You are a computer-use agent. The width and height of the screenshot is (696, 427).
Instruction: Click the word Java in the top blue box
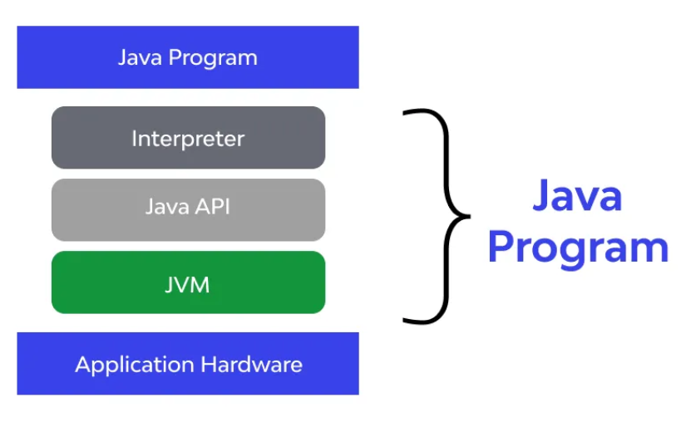click(x=140, y=57)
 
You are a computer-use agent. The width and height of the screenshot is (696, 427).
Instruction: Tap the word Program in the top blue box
click(x=213, y=59)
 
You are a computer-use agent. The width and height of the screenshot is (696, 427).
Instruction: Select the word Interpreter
click(x=188, y=139)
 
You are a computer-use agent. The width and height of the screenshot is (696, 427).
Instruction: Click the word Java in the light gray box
click(x=167, y=207)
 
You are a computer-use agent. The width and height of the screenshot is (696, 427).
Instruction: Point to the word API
click(x=213, y=207)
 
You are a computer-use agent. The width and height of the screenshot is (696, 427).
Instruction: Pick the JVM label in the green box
click(x=187, y=285)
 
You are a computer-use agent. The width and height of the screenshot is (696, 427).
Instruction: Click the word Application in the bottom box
click(x=135, y=366)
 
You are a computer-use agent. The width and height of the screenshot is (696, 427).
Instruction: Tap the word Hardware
click(x=252, y=365)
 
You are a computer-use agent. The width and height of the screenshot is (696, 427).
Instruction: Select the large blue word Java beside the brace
click(x=577, y=195)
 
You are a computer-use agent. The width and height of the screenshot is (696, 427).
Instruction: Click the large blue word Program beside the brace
click(x=578, y=249)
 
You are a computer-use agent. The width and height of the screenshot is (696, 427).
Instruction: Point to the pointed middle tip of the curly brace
click(x=469, y=216)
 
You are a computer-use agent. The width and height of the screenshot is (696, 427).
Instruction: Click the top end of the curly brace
click(x=403, y=113)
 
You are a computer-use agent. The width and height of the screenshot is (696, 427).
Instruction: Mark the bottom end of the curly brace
click(x=403, y=320)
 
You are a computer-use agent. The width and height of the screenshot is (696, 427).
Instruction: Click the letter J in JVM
click(x=169, y=285)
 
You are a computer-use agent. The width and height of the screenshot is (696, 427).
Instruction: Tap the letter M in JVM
click(x=200, y=285)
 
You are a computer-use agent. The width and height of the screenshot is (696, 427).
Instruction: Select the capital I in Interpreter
click(x=134, y=139)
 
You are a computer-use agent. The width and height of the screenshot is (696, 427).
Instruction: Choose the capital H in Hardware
click(x=209, y=365)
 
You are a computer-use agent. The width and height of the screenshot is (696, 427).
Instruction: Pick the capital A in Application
click(x=83, y=365)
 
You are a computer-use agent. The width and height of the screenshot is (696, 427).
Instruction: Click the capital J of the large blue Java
click(x=541, y=195)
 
